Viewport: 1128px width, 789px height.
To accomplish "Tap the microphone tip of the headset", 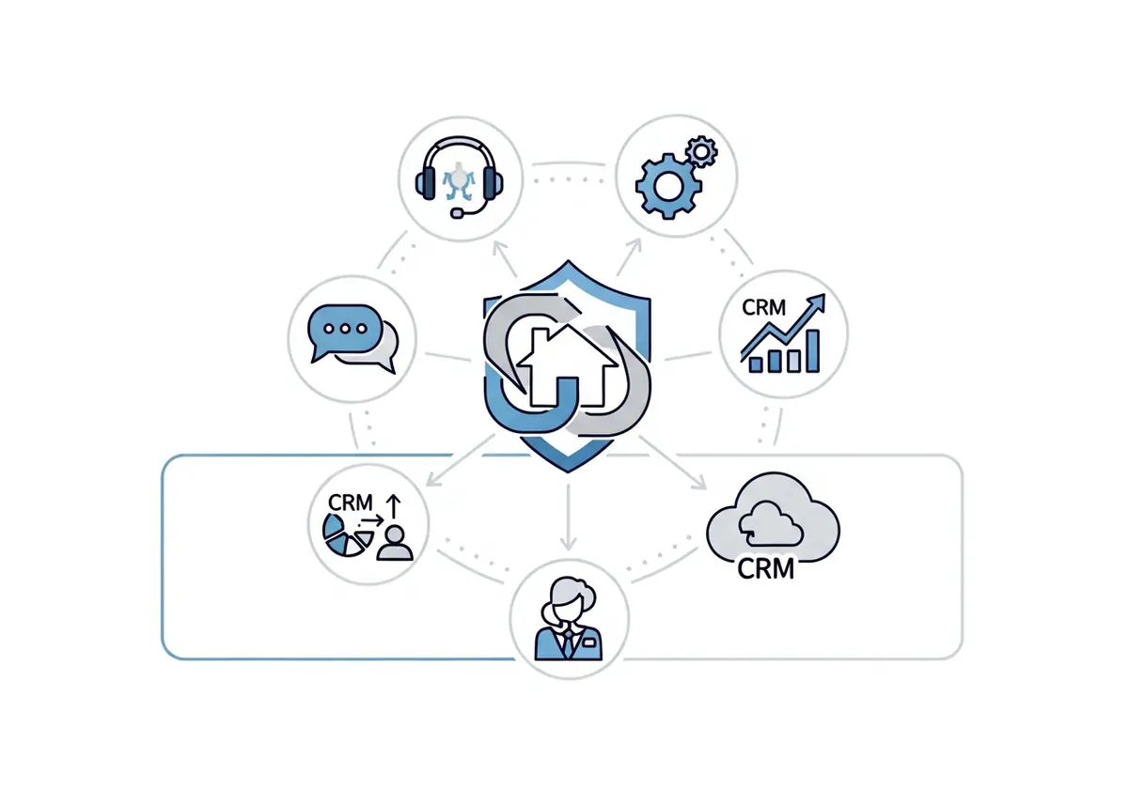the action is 457,213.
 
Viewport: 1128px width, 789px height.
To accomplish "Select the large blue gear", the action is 668,186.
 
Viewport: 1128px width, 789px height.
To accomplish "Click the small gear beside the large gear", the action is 702,151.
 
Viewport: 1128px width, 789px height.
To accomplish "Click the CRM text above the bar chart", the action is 763,307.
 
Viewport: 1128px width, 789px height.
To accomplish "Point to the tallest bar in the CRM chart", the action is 813,350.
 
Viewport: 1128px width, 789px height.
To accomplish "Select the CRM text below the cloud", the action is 765,569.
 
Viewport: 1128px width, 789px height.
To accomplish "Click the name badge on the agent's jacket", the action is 588,642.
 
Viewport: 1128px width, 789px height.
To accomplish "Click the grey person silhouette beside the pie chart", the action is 395,544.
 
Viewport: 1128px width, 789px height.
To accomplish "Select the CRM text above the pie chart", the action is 350,503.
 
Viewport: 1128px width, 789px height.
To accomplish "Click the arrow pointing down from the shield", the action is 568,518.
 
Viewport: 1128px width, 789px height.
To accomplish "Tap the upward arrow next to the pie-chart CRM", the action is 393,506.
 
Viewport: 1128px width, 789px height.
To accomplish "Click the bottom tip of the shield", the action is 568,472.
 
